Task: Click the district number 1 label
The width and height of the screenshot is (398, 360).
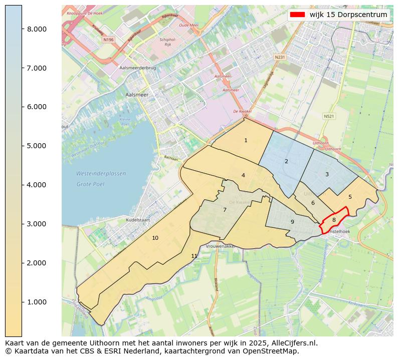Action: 246,141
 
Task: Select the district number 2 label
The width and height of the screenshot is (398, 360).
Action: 286,162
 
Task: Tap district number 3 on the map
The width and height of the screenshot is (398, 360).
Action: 327,175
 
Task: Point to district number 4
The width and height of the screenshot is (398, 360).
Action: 243,176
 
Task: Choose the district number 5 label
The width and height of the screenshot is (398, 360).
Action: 350,197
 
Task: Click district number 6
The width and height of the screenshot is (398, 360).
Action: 313,203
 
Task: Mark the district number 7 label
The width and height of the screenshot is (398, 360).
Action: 225,210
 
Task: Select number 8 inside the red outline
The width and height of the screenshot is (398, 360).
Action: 334,220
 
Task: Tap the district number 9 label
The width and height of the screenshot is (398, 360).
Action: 292,222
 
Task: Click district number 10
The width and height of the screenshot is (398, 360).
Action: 155,238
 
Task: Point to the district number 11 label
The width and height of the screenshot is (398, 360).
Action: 194,256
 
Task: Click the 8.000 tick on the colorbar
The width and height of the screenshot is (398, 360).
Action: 37,29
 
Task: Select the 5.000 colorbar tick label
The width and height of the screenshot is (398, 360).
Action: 37,146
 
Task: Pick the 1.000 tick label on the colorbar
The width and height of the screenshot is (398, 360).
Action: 37,302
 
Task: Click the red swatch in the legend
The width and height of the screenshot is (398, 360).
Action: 297,15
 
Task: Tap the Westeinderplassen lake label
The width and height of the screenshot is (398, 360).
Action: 101,174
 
